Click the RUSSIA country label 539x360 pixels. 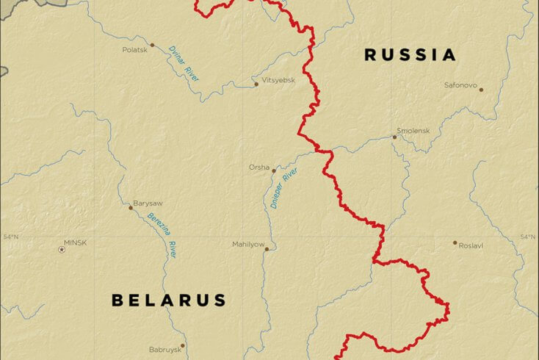pyautogui.click(x=410, y=54)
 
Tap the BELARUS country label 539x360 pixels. pyautogui.click(x=169, y=300)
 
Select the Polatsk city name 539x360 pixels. pyautogui.click(x=134, y=50)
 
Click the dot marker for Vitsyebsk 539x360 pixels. pyautogui.click(x=256, y=84)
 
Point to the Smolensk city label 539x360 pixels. pyautogui.click(x=413, y=130)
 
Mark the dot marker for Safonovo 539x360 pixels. pyautogui.click(x=481, y=90)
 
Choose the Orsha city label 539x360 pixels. pyautogui.click(x=258, y=167)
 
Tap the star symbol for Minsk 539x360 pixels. pyautogui.click(x=62, y=250)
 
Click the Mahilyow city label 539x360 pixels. pyautogui.click(x=248, y=244)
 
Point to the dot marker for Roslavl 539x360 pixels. pyautogui.click(x=455, y=242)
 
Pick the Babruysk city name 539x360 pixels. pyautogui.click(x=164, y=350)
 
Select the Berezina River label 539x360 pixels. pyautogui.click(x=162, y=235)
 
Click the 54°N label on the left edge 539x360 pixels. pyautogui.click(x=10, y=237)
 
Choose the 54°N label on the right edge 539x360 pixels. pyautogui.click(x=527, y=237)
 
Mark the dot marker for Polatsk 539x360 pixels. pyautogui.click(x=152, y=45)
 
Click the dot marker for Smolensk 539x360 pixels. pyautogui.click(x=394, y=137)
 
